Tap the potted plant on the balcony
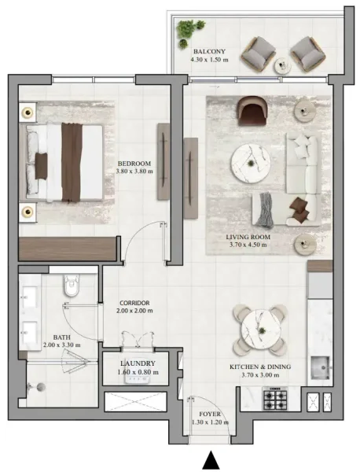(187, 30)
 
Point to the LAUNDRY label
(136, 363)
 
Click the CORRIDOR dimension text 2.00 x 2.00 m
(135, 312)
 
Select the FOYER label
(209, 413)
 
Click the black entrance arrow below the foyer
(210, 460)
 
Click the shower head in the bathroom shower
(32, 386)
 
